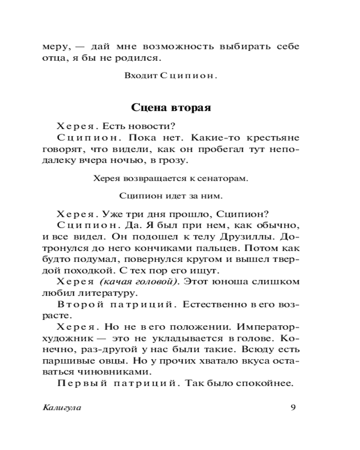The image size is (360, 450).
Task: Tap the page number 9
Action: [293, 408]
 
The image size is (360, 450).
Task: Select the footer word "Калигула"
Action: [63, 408]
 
